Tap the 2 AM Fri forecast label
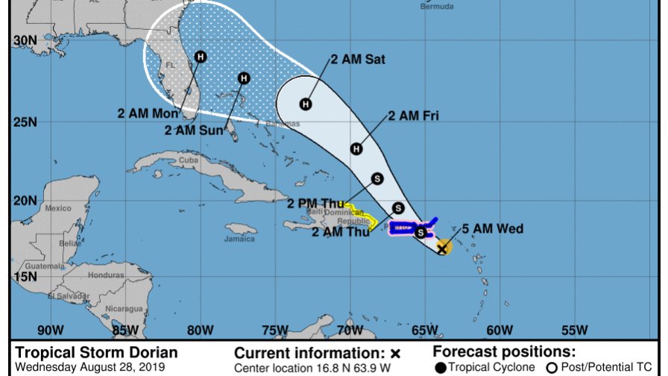pyautogui.click(x=413, y=116)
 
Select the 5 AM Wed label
pyautogui.click(x=492, y=229)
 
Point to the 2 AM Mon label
pyautogui.click(x=148, y=114)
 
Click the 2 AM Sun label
pyautogui.click(x=195, y=130)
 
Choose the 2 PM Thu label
pyautogui.click(x=315, y=203)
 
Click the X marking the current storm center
pyautogui.click(x=442, y=248)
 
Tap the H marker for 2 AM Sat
pyautogui.click(x=305, y=104)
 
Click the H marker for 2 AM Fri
pyautogui.click(x=356, y=149)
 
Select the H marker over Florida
pyautogui.click(x=201, y=56)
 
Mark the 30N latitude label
pyautogui.click(x=25, y=40)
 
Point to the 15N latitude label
pyautogui.click(x=25, y=277)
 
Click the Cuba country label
pyautogui.click(x=188, y=160)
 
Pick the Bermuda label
pyautogui.click(x=437, y=6)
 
